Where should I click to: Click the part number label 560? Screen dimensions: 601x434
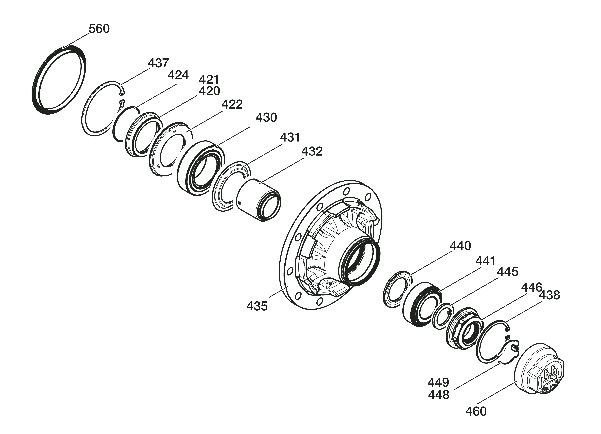[99, 29]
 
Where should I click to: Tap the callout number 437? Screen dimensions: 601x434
[158, 63]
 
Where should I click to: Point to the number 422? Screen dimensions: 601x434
[232, 105]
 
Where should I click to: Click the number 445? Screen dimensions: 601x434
[507, 272]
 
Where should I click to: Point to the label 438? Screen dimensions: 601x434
[550, 295]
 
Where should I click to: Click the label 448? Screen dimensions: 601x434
[439, 395]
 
